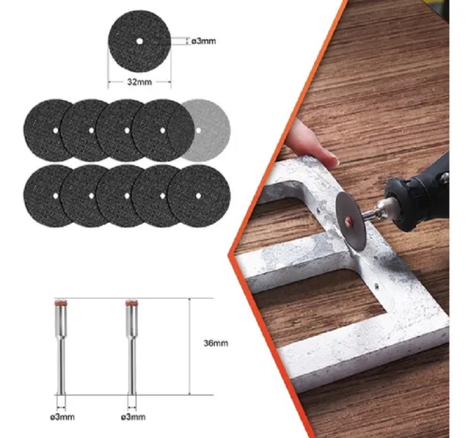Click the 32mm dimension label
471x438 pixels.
point(140,82)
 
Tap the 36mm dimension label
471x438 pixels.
point(215,343)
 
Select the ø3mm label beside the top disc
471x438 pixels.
point(204,41)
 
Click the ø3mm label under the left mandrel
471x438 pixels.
point(62,417)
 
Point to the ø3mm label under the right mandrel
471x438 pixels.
point(134,417)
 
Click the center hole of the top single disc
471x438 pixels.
point(140,41)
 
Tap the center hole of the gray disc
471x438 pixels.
point(198,130)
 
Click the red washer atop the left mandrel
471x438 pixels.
point(61,303)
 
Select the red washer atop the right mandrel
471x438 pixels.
point(131,303)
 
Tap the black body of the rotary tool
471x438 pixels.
point(420,195)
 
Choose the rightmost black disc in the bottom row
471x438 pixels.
point(199,196)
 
